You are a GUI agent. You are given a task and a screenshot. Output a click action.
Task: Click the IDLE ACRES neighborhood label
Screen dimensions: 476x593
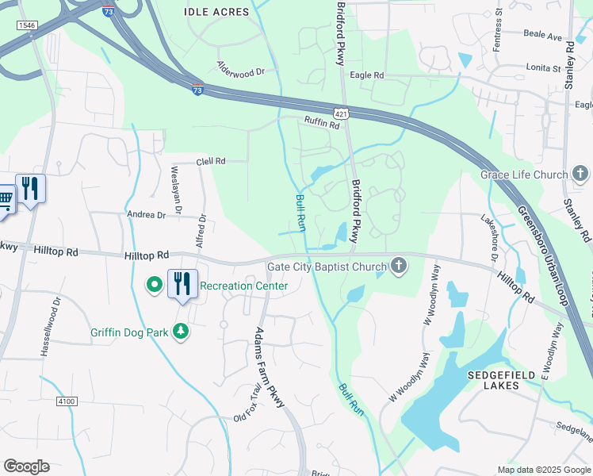(216, 12)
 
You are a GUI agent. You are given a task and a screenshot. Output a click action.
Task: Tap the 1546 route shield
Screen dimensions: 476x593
(27, 25)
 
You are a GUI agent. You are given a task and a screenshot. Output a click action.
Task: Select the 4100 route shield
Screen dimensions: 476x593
(67, 402)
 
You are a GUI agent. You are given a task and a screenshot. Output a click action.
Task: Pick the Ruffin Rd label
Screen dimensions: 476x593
(322, 122)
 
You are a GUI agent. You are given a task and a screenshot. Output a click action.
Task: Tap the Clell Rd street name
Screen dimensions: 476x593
(211, 161)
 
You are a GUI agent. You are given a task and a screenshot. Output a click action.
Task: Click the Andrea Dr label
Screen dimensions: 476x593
(146, 215)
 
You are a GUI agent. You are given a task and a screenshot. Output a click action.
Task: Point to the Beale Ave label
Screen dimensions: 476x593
(543, 36)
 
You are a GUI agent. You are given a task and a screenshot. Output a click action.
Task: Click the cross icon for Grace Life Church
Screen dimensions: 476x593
(580, 175)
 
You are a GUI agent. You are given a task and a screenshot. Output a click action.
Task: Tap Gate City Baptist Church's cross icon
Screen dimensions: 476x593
(399, 267)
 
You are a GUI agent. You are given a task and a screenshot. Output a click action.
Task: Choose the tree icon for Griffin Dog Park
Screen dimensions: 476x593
(182, 331)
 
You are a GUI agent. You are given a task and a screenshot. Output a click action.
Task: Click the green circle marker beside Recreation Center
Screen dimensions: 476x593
(155, 283)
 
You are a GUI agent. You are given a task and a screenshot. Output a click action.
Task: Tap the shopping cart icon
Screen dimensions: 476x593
(4, 198)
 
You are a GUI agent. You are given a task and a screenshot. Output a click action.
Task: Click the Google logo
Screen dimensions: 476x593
(26, 466)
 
